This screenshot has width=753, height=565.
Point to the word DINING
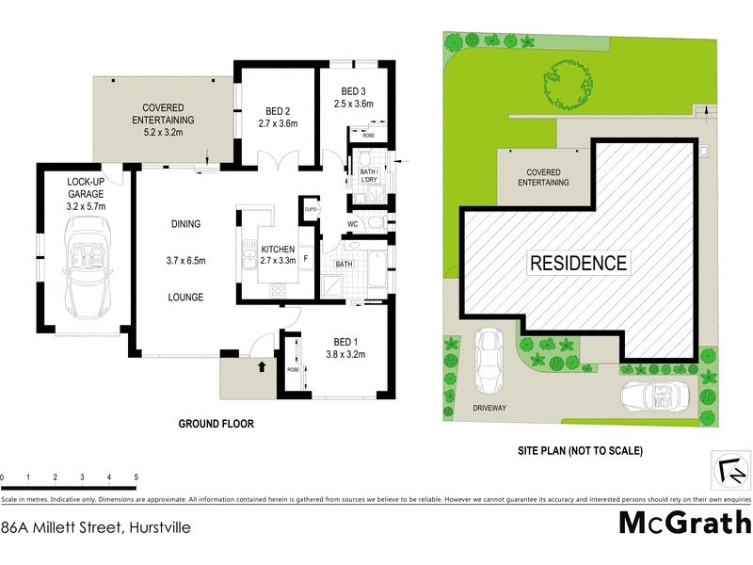(x=186, y=224)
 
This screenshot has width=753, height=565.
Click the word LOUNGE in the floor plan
(x=185, y=298)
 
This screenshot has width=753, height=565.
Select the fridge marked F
(x=305, y=256)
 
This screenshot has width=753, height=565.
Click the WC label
(x=352, y=224)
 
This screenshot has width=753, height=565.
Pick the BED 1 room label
(x=345, y=342)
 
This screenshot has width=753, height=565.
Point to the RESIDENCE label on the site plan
(x=578, y=263)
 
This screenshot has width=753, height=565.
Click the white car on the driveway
(x=488, y=363)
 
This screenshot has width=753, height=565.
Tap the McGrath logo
(x=684, y=522)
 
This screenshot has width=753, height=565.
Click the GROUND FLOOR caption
(x=216, y=424)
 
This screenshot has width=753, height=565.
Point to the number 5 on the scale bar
(x=136, y=478)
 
